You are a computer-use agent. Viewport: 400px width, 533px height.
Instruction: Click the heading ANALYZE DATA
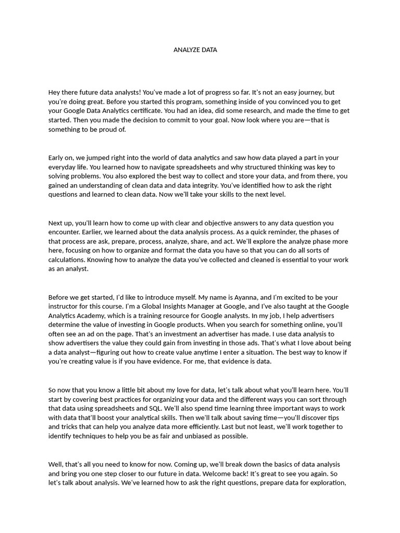tap(195, 50)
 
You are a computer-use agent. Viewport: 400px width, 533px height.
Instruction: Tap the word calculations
tap(67, 260)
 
